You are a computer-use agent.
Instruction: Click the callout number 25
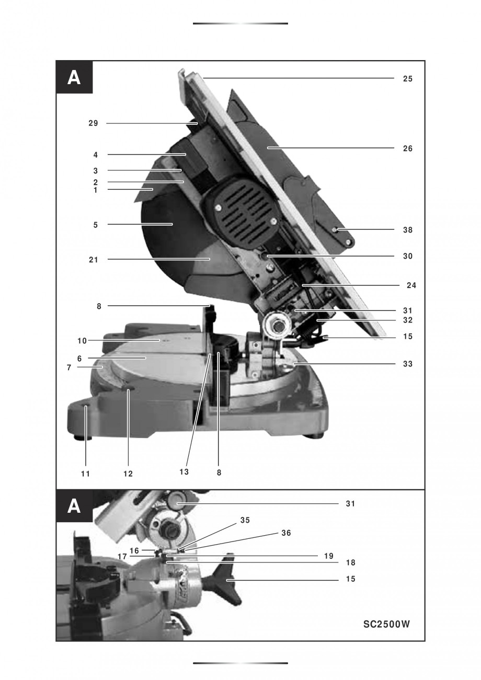[x=407, y=79]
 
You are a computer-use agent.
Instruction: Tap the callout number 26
[x=407, y=148]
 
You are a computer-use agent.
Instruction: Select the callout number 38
[x=407, y=230]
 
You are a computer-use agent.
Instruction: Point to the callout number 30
[x=407, y=257]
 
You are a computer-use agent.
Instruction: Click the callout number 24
[x=411, y=285]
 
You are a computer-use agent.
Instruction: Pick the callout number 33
[x=407, y=364]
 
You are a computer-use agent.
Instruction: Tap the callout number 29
[x=93, y=123]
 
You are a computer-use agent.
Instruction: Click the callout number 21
[x=94, y=259]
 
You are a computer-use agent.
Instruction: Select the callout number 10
[x=82, y=341]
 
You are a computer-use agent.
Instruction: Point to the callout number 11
[x=85, y=474]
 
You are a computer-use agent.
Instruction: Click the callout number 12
[x=128, y=474]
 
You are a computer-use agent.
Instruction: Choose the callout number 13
[x=184, y=472]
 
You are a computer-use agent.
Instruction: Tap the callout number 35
[x=245, y=521]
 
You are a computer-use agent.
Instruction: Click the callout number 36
[x=285, y=533]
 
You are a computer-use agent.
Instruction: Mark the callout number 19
[x=328, y=556]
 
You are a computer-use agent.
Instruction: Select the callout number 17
[x=122, y=557]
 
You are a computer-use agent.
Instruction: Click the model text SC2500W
[x=387, y=624]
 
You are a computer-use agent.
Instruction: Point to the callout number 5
[x=95, y=225]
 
